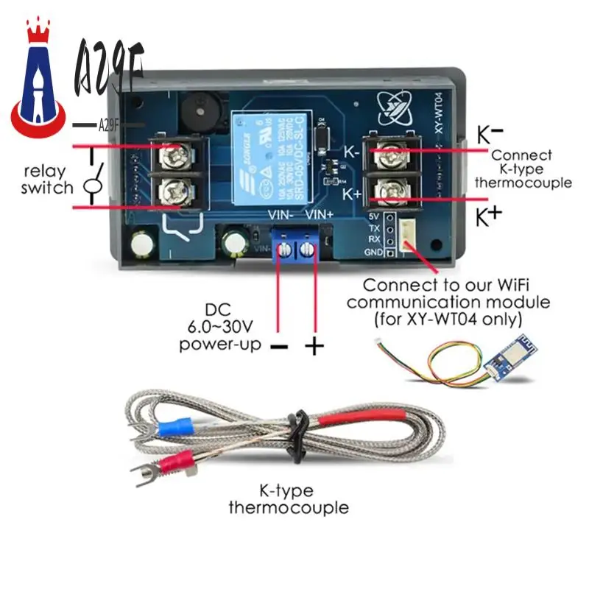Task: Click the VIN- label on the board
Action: (280, 214)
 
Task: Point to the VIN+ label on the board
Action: (320, 214)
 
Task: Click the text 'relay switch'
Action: (47, 180)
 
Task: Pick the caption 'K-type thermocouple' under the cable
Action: (289, 499)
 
